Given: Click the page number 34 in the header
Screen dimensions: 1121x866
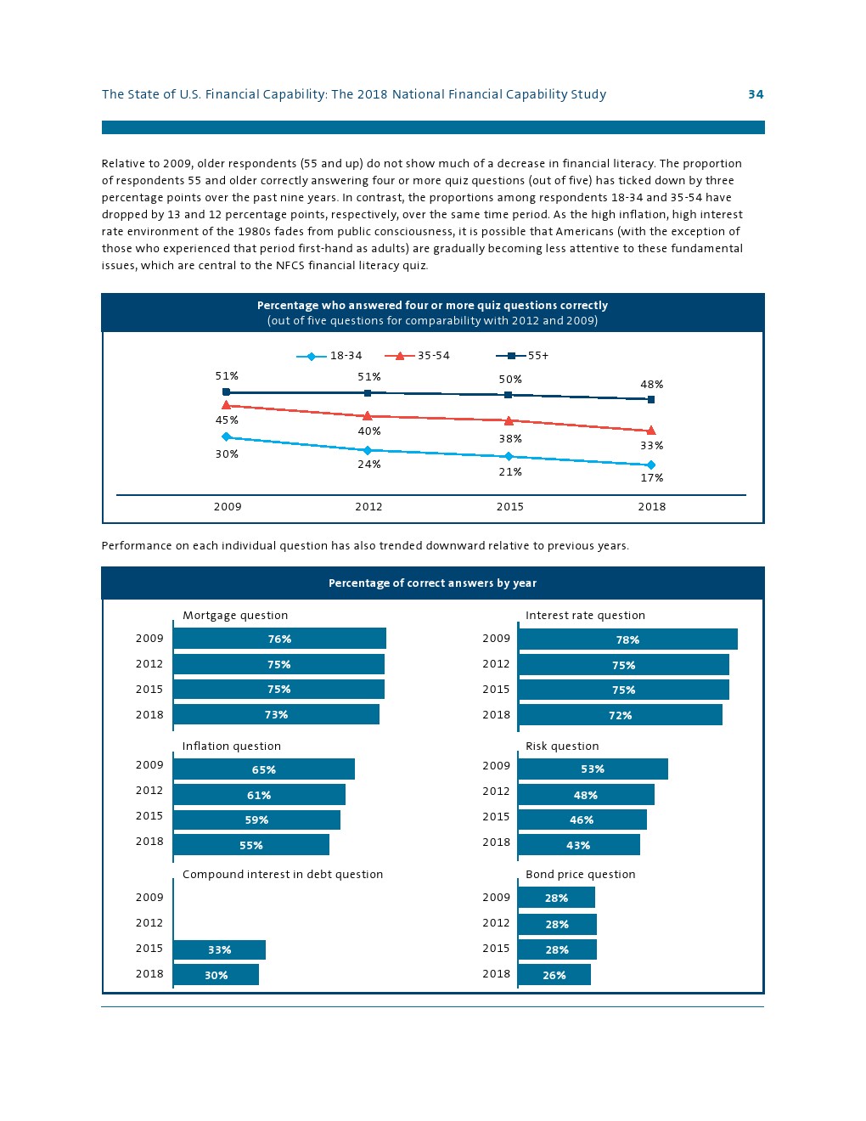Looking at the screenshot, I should [x=756, y=94].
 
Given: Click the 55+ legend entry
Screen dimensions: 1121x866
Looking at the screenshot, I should [x=523, y=356].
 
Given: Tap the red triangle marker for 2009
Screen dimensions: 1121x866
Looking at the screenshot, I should [x=226, y=405].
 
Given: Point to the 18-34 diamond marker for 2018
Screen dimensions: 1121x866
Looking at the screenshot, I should [x=651, y=465].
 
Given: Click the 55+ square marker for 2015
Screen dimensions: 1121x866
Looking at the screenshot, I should [x=509, y=395].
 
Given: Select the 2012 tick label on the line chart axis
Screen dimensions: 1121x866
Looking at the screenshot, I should [x=368, y=507].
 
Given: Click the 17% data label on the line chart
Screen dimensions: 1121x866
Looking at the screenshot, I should [x=652, y=478].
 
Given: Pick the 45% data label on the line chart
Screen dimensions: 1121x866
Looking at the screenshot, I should [x=227, y=420].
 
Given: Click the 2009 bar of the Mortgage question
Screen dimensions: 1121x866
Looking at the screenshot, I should [x=279, y=639].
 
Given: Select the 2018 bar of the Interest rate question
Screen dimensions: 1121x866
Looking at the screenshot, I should [x=620, y=715].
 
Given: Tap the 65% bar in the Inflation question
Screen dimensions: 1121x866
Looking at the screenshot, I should [x=264, y=769].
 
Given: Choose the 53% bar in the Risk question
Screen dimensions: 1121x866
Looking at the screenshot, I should [x=593, y=769].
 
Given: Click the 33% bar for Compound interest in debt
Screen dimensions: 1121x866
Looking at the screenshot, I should [x=219, y=949].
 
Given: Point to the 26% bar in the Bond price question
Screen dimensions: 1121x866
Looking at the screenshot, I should [x=554, y=975].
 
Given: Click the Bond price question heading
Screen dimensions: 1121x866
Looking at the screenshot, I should [x=580, y=875].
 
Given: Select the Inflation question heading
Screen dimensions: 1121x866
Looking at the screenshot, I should [x=231, y=746].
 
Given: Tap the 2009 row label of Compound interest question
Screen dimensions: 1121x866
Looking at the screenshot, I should [x=149, y=898].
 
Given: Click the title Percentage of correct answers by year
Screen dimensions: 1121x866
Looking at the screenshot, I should [x=432, y=583].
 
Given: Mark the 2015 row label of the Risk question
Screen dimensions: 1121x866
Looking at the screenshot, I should [x=496, y=817].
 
